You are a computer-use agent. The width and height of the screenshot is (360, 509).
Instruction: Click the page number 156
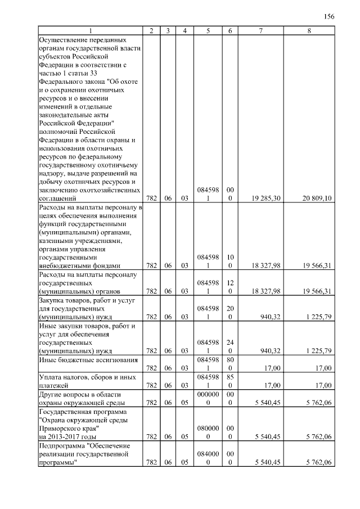pyautogui.click(x=329, y=16)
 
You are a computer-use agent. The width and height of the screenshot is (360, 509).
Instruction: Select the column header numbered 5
pyautogui.click(x=208, y=30)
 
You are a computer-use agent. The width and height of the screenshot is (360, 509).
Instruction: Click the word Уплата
pyautogui.click(x=50, y=377)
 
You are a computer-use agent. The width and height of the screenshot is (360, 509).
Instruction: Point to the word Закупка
pyautogui.click(x=52, y=300)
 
